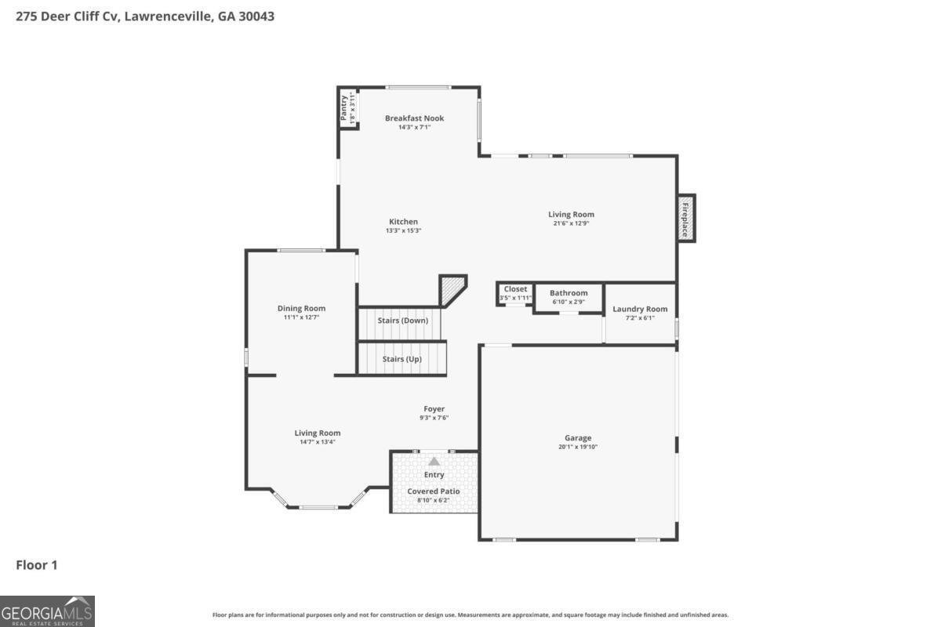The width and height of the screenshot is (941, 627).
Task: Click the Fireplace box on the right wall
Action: (x=685, y=218)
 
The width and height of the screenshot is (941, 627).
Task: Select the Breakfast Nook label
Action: (x=414, y=118)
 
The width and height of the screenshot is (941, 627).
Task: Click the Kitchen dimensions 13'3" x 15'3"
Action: (x=403, y=230)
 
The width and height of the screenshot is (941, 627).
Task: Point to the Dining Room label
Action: (x=301, y=308)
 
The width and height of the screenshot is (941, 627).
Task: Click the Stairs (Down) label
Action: (x=403, y=321)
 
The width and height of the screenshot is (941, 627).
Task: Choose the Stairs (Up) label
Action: (x=401, y=359)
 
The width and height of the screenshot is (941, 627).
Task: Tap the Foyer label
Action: (x=434, y=408)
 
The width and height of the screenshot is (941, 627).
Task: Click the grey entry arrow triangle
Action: (x=434, y=461)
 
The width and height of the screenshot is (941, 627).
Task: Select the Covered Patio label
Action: (x=434, y=491)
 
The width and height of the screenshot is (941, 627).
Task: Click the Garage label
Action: (x=578, y=437)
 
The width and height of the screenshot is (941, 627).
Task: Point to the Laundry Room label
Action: (x=640, y=309)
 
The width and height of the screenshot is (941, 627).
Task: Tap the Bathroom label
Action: (x=568, y=293)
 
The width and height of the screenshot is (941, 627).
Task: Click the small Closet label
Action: (x=515, y=289)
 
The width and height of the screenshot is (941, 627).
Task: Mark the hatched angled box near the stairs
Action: (x=452, y=289)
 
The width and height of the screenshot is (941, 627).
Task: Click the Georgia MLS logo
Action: (x=47, y=611)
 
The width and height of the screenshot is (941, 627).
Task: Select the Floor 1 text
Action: (x=37, y=564)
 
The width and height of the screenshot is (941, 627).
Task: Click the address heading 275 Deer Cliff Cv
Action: (x=145, y=16)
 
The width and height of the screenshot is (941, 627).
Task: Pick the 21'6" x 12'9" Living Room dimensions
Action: (x=571, y=223)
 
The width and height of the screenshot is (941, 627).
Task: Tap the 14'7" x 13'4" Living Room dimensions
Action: (x=317, y=442)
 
